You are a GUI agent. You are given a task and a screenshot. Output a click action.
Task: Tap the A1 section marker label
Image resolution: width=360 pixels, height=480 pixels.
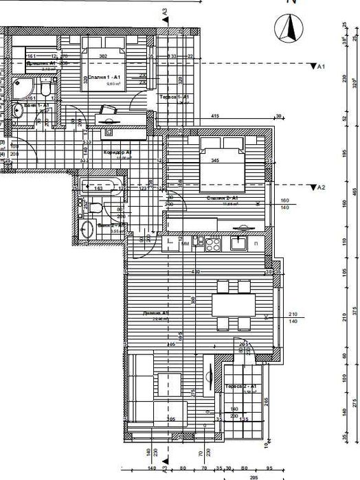pos(319,67)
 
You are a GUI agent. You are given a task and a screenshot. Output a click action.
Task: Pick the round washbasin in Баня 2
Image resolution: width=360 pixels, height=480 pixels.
pos(87,230)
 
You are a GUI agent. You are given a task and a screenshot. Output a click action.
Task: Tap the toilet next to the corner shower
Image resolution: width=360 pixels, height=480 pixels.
pos(45,88)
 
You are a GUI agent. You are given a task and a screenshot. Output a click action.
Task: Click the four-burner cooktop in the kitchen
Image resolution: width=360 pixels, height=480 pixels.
pos(210,242)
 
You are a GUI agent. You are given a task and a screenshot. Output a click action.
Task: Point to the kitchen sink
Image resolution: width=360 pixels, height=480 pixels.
pos(239,242)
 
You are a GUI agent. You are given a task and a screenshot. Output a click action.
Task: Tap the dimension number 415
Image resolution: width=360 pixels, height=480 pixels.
pos(215,117)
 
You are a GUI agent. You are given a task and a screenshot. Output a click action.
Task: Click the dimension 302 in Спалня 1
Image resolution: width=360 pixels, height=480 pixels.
pos(103,56)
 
